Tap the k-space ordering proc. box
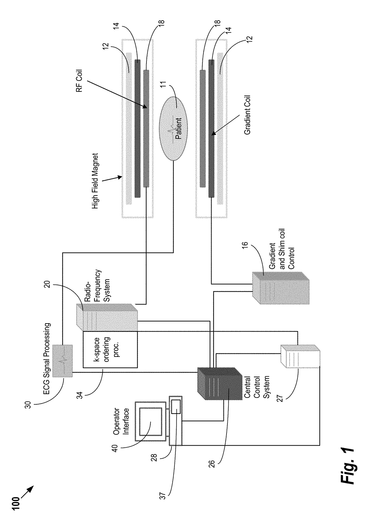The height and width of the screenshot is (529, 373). pyautogui.click(x=110, y=349)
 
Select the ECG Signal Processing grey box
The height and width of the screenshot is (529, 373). pyautogui.click(x=63, y=361)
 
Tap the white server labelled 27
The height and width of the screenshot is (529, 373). pyautogui.click(x=300, y=356)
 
